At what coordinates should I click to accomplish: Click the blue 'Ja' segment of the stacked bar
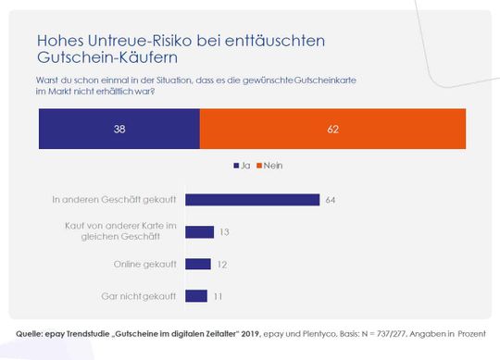(119, 130)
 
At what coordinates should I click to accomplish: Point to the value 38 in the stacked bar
(119, 130)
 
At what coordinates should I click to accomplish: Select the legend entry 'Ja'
(244, 166)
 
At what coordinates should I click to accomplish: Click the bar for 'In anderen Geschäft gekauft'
(252, 199)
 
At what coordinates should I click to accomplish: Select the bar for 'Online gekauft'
(198, 264)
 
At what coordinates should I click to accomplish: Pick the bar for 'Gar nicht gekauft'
(196, 296)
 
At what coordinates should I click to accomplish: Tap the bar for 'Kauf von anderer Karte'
(199, 231)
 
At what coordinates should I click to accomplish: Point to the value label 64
(331, 199)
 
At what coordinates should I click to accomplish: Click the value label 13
(224, 231)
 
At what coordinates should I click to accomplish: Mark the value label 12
(222, 264)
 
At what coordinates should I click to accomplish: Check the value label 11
(219, 296)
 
